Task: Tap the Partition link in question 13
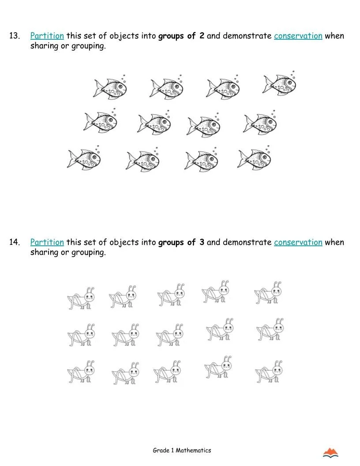pyautogui.click(x=47, y=36)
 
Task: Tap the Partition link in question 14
pyautogui.click(x=47, y=242)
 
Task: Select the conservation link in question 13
pyautogui.click(x=298, y=36)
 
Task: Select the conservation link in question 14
pyautogui.click(x=298, y=242)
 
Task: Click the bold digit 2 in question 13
pyautogui.click(x=202, y=36)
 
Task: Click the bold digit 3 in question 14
pyautogui.click(x=202, y=242)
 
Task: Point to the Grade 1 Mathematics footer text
pyautogui.click(x=182, y=451)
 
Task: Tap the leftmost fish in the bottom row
pyautogui.click(x=84, y=158)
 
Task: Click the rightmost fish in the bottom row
pyautogui.click(x=255, y=158)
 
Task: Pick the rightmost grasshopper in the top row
pyautogui.click(x=269, y=293)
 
